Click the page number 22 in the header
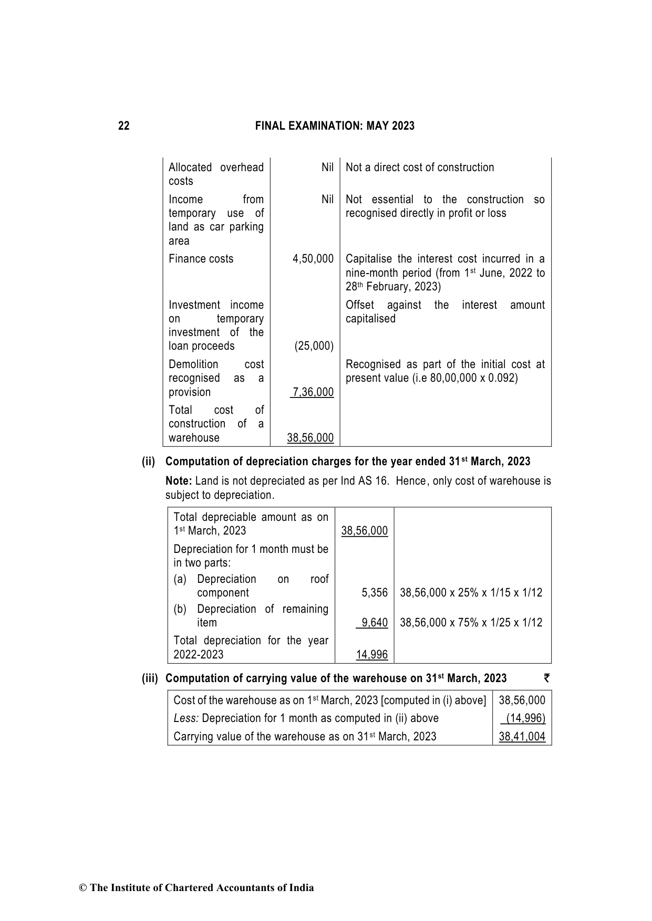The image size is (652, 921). pos(123,126)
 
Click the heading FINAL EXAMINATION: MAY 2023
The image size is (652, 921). pos(335,126)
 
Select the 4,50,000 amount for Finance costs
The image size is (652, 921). pos(313,259)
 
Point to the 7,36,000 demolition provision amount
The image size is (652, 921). pos(313,392)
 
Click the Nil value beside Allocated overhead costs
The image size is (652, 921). pos(327,168)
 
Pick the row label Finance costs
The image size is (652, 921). pos(201,259)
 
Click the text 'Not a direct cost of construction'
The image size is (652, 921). pos(420,168)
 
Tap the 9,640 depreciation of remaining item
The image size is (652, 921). pos(374,623)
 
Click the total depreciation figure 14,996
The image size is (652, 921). pos(371,654)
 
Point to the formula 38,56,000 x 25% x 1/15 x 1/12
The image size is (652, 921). pos(471,593)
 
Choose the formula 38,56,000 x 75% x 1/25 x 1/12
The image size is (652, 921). pos(471,623)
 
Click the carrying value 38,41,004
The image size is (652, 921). pos(522,736)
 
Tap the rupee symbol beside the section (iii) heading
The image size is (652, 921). pos(547,678)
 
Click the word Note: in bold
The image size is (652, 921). pos(179,481)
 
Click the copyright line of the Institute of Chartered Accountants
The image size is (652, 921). pos(196,887)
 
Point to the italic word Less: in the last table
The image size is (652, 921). pos(186,718)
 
